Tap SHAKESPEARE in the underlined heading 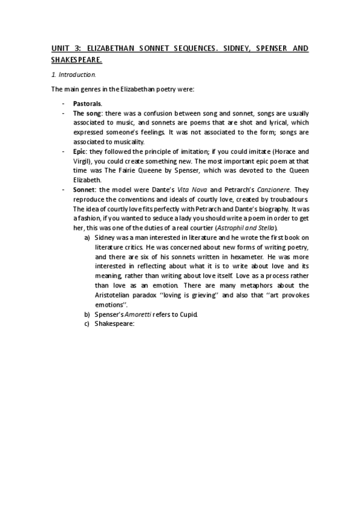pyautogui.click(x=76, y=60)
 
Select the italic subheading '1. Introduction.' pyautogui.click(x=73, y=75)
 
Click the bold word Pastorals pyautogui.click(x=88, y=104)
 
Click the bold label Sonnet pyautogui.click(x=84, y=189)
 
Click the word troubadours pyautogui.click(x=290, y=199)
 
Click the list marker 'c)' pyautogui.click(x=88, y=324)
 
